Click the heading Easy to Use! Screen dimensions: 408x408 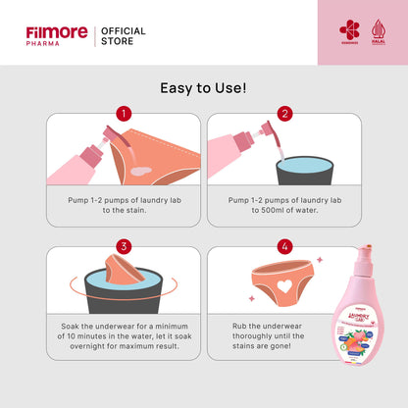204,88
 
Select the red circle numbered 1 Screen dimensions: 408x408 124,114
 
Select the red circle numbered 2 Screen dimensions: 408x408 284,114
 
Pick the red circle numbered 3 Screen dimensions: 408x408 124,246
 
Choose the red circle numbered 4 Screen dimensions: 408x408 284,246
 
